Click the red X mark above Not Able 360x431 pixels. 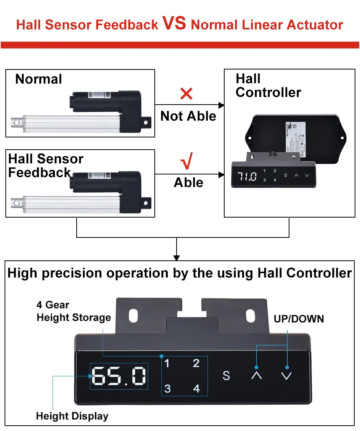click(186, 94)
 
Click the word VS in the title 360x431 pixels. click(174, 23)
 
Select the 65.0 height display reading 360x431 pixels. click(119, 376)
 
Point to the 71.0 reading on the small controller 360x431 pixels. click(247, 176)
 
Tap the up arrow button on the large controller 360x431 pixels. click(257, 375)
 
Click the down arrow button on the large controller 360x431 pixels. click(286, 376)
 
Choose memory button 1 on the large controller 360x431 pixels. click(167, 363)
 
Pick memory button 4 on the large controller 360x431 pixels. click(196, 389)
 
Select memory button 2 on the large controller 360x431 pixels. click(196, 363)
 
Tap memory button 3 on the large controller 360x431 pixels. click(167, 389)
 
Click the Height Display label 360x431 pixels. click(72, 416)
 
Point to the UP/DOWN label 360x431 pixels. click(299, 319)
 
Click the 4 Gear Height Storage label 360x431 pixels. click(74, 311)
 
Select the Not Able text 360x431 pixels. click(188, 116)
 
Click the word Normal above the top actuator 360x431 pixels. click(39, 79)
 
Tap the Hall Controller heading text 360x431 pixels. click(268, 86)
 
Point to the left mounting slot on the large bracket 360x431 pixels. click(134, 315)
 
